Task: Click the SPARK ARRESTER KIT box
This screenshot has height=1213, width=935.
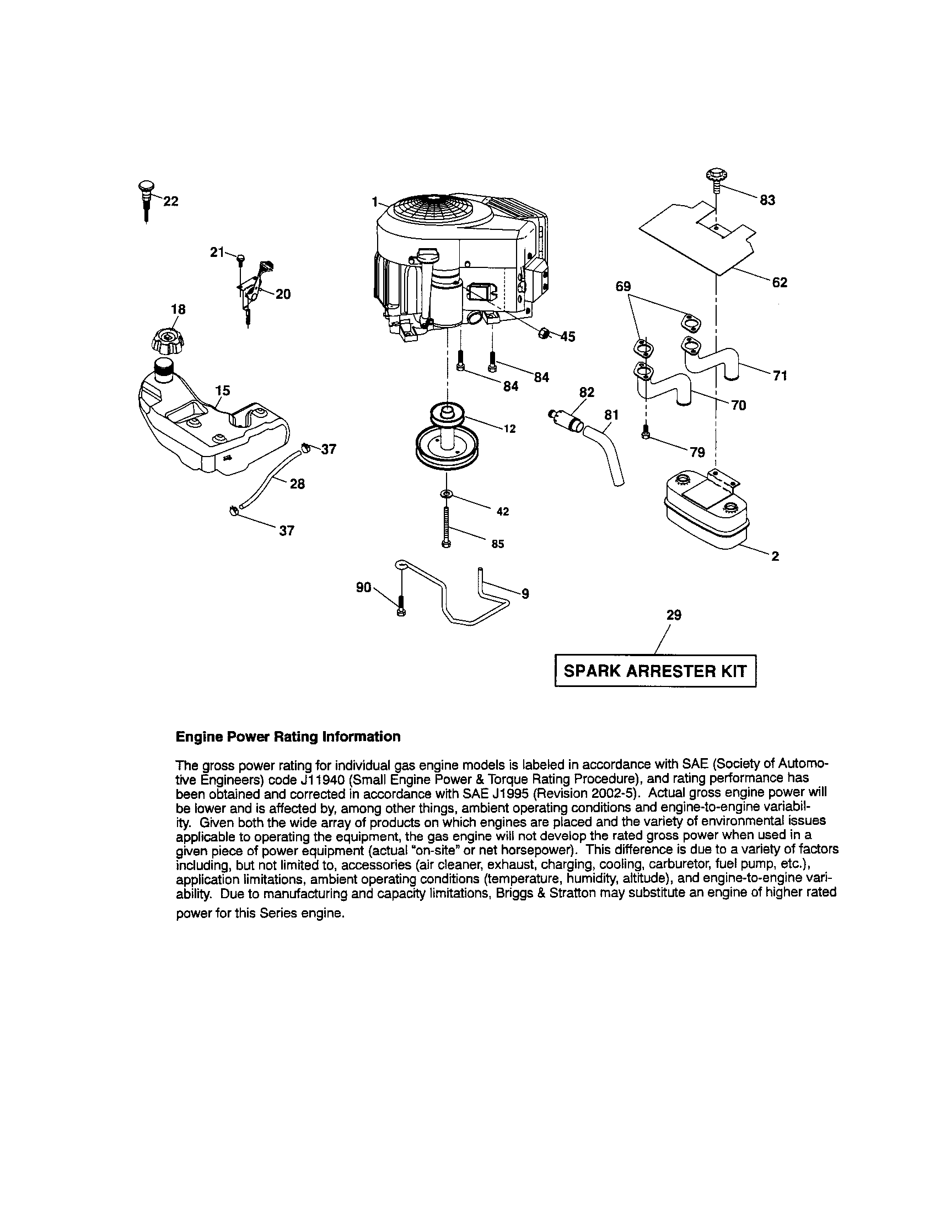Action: coord(655,671)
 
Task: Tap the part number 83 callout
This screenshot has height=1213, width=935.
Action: coord(767,200)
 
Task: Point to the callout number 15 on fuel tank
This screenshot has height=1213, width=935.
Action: coord(222,390)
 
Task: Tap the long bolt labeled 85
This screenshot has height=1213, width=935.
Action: coord(446,528)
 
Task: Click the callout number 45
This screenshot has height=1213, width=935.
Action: coord(567,336)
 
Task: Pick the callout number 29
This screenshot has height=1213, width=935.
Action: coord(674,615)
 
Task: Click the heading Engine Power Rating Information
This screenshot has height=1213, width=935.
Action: coord(288,737)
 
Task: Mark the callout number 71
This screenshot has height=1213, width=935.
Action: coord(780,376)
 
